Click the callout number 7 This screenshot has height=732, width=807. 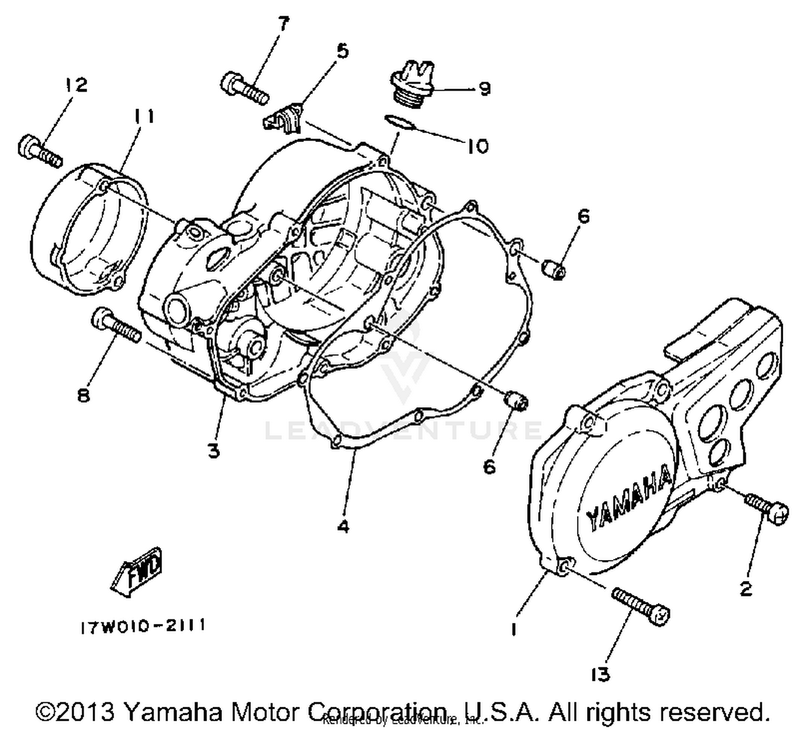point(284,24)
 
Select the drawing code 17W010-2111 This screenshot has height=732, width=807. point(143,626)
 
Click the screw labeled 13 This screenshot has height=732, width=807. point(641,606)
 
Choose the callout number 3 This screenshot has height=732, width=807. point(214,450)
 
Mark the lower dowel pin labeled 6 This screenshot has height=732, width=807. point(516,401)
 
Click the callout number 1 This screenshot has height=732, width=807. point(514,629)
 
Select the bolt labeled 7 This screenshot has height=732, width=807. point(244,89)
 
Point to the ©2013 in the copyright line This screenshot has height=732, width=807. point(75,712)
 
